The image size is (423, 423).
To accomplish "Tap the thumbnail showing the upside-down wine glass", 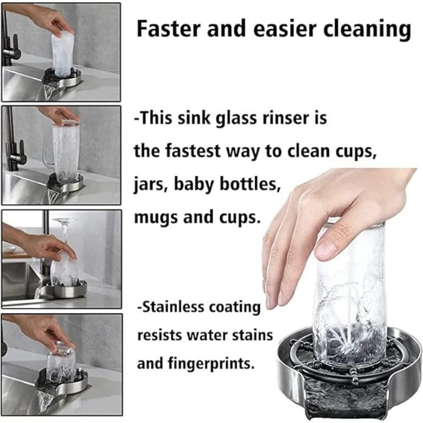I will click(x=61, y=259).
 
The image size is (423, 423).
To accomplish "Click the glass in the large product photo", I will click(x=349, y=296).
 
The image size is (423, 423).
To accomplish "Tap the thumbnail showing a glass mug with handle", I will click(x=61, y=155).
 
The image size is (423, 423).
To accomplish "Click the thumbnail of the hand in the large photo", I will click(x=317, y=222).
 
